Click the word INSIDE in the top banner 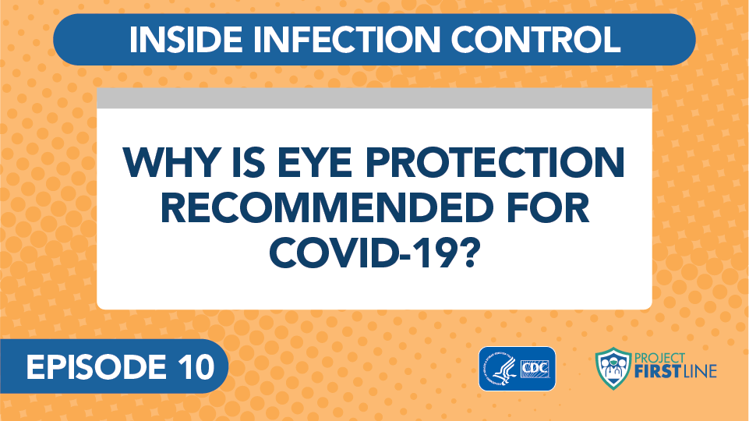coord(185,39)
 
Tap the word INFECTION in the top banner coord(346,39)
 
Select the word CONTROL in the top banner coord(535,39)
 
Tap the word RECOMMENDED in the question coord(327,208)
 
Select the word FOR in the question coord(547,208)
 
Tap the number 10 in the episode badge coord(196,367)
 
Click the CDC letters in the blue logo coord(535,369)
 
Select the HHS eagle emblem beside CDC coord(500,370)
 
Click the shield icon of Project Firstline coord(613,369)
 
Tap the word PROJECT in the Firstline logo coord(659,358)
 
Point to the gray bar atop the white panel coord(374,98)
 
